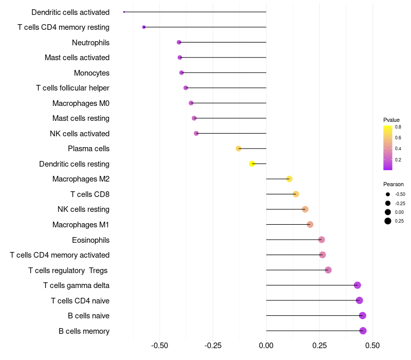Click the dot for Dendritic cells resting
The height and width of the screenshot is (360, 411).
coord(252,164)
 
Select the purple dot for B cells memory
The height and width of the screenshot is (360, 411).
coord(363,331)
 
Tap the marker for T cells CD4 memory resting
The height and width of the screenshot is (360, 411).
coord(144,27)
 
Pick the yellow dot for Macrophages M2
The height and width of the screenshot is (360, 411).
coord(289,179)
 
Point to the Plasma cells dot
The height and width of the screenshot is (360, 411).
coord(238,149)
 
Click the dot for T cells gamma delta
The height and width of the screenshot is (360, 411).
coord(358,285)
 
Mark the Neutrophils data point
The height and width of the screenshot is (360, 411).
coord(179,42)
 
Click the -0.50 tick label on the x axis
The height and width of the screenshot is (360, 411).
coord(160,346)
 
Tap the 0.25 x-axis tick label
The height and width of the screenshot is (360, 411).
coord(319,346)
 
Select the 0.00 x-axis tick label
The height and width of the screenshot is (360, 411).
coord(266,346)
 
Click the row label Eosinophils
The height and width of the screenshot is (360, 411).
coord(90,240)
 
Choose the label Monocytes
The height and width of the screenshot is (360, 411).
coord(91,73)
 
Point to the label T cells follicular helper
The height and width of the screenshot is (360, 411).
coord(72,88)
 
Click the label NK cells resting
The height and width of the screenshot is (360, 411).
coord(83,209)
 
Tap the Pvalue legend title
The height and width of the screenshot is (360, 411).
coord(391,120)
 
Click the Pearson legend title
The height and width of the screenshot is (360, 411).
coord(394,184)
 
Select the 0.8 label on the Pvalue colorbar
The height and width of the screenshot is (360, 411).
coord(398,127)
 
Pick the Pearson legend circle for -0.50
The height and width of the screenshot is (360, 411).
coord(387,194)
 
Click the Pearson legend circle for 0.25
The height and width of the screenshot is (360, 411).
coord(387,221)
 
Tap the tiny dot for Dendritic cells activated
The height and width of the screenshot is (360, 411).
coord(124,11)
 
